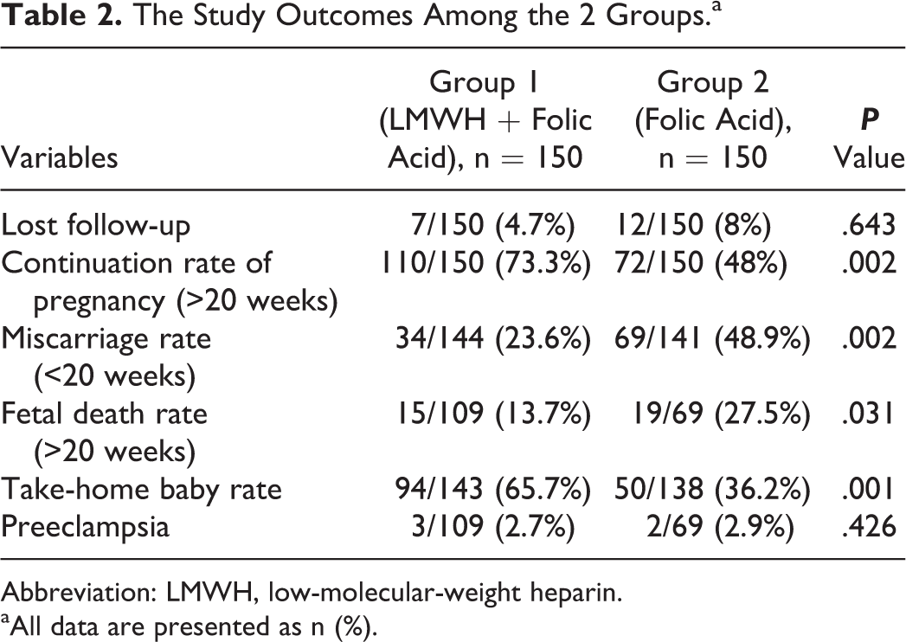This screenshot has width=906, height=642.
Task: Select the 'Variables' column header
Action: click(60, 157)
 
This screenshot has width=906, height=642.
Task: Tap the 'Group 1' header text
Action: click(484, 83)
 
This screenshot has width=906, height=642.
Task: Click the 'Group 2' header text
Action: click(713, 83)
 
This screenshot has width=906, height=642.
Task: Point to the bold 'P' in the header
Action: click(869, 120)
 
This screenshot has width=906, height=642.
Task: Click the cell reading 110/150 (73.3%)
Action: click(485, 263)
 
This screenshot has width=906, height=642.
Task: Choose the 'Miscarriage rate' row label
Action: click(106, 338)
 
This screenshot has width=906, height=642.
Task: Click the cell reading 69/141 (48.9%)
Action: click(712, 338)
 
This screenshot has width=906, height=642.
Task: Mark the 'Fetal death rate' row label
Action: click(104, 414)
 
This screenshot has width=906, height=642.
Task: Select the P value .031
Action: click(869, 414)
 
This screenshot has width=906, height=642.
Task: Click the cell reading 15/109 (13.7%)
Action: click(493, 414)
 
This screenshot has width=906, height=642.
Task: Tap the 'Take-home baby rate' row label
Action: click(142, 490)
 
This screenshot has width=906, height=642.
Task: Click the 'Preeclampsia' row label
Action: click(86, 527)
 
